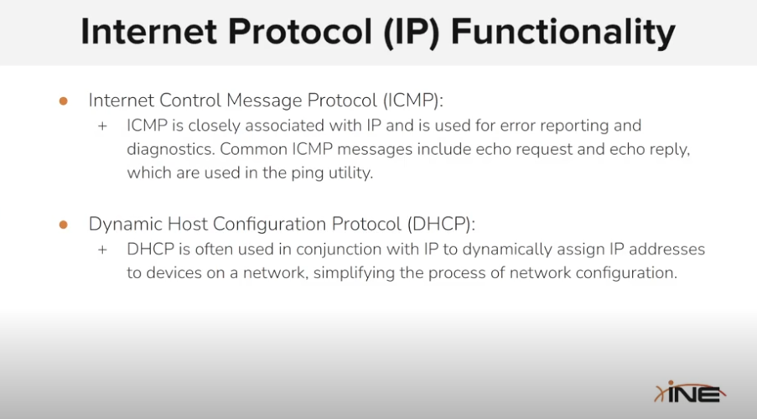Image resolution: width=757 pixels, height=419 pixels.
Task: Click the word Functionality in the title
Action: tap(563, 33)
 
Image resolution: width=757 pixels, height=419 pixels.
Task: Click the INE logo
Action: tap(690, 392)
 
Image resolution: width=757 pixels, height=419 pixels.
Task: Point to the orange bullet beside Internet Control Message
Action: tap(63, 101)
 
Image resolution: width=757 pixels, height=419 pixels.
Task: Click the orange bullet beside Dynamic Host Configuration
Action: tap(63, 225)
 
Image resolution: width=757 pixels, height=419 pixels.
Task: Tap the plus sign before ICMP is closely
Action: tap(102, 127)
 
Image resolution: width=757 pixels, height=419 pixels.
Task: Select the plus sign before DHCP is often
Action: tap(102, 250)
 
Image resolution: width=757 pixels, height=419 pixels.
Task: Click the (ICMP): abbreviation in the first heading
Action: tap(412, 101)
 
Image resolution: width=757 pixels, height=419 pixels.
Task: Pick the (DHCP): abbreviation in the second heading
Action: tap(441, 225)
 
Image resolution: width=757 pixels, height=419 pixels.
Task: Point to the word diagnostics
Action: tap(171, 150)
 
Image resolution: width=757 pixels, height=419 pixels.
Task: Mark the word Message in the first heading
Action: tap(264, 101)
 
